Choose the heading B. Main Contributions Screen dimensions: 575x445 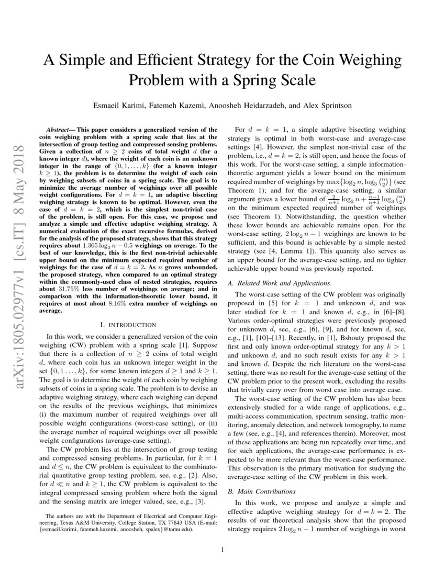coord(262,491)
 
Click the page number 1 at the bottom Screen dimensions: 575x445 coord(222,549)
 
